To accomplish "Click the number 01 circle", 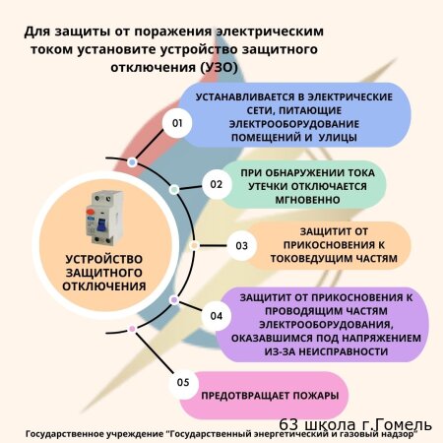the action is click(177, 123).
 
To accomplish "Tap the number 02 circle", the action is click(217, 184).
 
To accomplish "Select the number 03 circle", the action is click(242, 246).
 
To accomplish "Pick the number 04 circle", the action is click(217, 316).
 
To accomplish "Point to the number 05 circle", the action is click(183, 383).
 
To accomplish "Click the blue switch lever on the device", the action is click(101, 225).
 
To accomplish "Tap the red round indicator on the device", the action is click(90, 212).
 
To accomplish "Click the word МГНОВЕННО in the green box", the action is click(307, 200).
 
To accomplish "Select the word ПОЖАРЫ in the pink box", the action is click(315, 396).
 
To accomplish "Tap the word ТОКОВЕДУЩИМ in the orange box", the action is click(309, 259).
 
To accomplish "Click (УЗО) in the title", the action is click(219, 67).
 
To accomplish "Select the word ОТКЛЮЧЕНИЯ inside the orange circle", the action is click(104, 286).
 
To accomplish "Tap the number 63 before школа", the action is click(288, 425).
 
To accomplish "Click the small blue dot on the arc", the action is click(132, 162).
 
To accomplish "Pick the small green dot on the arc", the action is click(174, 189).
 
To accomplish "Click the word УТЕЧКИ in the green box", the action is click(268, 186).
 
